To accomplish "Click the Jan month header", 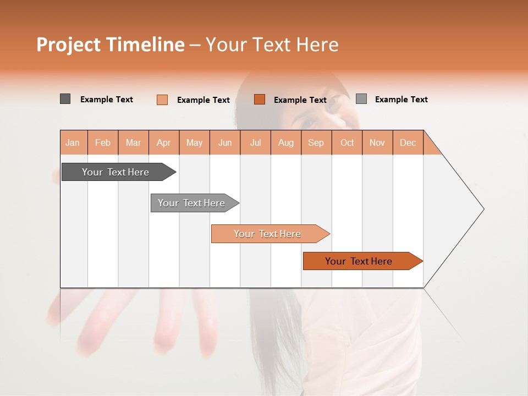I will pyautogui.click(x=73, y=142).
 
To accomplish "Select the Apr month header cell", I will pyautogui.click(x=164, y=142).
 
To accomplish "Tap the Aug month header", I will pyautogui.click(x=286, y=142).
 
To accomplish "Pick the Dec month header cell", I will pyautogui.click(x=408, y=142).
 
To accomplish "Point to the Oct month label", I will pyautogui.click(x=347, y=142).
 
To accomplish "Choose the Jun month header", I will pyautogui.click(x=225, y=142).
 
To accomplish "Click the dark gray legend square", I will pyautogui.click(x=65, y=99).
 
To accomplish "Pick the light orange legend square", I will pyautogui.click(x=162, y=100).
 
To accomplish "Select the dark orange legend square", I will pyautogui.click(x=260, y=100).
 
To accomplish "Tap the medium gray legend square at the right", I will pyautogui.click(x=361, y=99).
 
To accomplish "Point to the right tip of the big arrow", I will pyautogui.click(x=482, y=209).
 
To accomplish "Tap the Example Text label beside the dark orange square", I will pyautogui.click(x=300, y=100).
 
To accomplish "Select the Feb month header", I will pyautogui.click(x=103, y=142).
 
